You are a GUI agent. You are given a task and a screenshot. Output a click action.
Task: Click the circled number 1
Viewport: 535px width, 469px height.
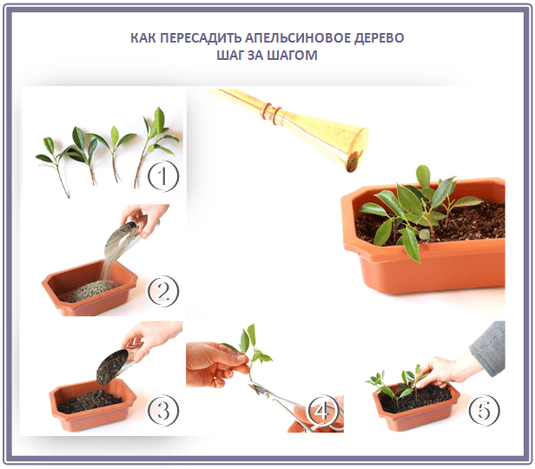click(162, 176)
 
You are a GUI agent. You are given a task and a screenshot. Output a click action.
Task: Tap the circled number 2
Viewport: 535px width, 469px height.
click(162, 291)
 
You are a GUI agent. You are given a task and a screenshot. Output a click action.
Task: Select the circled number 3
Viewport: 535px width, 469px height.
click(162, 410)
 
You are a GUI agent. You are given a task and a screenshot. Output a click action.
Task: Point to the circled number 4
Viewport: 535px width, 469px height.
click(323, 410)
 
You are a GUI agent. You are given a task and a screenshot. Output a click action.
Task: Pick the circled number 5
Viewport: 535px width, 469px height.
click(484, 410)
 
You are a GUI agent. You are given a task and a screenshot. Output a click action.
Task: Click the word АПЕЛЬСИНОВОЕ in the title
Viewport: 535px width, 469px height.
click(298, 38)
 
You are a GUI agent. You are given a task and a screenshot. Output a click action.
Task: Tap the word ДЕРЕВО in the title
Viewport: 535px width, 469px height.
click(379, 38)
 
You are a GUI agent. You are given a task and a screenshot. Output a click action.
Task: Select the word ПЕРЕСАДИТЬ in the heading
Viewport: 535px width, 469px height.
click(201, 38)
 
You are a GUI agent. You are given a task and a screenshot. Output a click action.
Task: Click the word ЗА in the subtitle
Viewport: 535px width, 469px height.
click(254, 56)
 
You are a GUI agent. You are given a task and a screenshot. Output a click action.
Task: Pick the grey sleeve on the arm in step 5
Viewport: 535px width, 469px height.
click(489, 348)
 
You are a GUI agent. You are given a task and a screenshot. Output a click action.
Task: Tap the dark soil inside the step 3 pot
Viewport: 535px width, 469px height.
click(89, 401)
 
